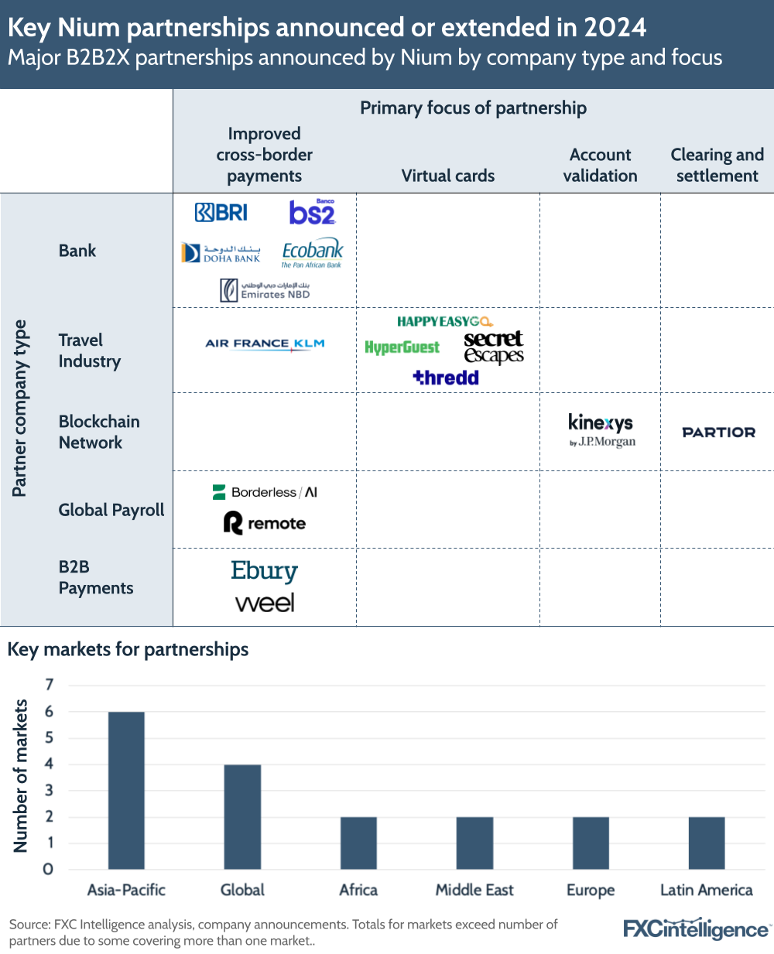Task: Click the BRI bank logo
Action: tap(221, 212)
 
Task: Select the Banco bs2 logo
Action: tap(312, 212)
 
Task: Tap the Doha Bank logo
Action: tap(221, 253)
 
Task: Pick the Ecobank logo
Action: tap(312, 252)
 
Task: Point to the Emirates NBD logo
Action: tap(265, 290)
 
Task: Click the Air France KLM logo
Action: tap(265, 344)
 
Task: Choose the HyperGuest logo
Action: tap(402, 347)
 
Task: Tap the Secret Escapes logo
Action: tap(494, 347)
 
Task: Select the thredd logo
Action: tap(446, 378)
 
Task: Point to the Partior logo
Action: tap(718, 433)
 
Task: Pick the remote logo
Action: tap(265, 524)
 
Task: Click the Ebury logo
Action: tap(264, 571)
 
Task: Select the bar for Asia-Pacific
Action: tap(126, 790)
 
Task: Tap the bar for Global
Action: tap(242, 816)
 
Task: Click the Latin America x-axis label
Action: tap(706, 890)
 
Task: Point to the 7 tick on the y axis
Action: tap(50, 685)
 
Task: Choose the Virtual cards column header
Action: tap(447, 176)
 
